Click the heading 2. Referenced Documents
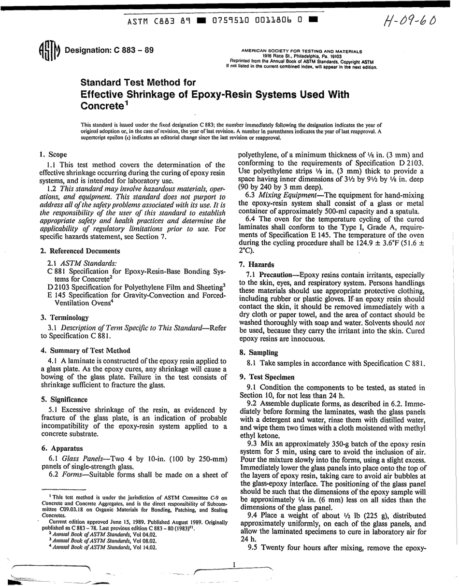pyautogui.click(x=80, y=251)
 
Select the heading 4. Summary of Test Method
pyautogui.click(x=86, y=350)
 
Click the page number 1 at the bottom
pyautogui.click(x=234, y=564)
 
